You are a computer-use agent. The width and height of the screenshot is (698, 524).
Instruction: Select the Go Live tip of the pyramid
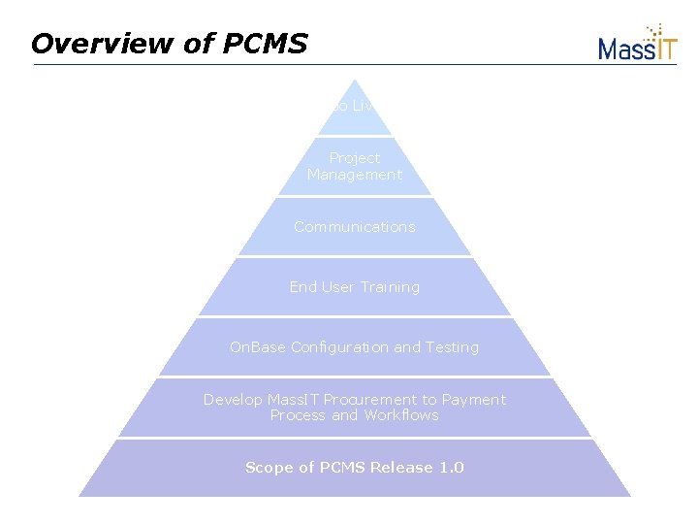pyautogui.click(x=354, y=105)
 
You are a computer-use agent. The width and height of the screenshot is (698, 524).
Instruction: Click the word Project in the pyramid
pyautogui.click(x=355, y=157)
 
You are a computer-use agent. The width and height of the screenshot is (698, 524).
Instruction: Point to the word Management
pyautogui.click(x=355, y=175)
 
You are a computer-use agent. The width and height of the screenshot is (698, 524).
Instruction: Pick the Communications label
pyautogui.click(x=355, y=227)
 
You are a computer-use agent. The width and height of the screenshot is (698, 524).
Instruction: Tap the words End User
pyautogui.click(x=321, y=287)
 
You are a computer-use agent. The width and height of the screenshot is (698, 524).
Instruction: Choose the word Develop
pyautogui.click(x=233, y=400)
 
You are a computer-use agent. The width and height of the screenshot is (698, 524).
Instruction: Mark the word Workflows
pyautogui.click(x=401, y=415)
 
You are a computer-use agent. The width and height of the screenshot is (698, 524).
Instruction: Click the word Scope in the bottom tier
pyautogui.click(x=267, y=468)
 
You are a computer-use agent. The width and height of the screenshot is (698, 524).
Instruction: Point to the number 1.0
pyautogui.click(x=452, y=468)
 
